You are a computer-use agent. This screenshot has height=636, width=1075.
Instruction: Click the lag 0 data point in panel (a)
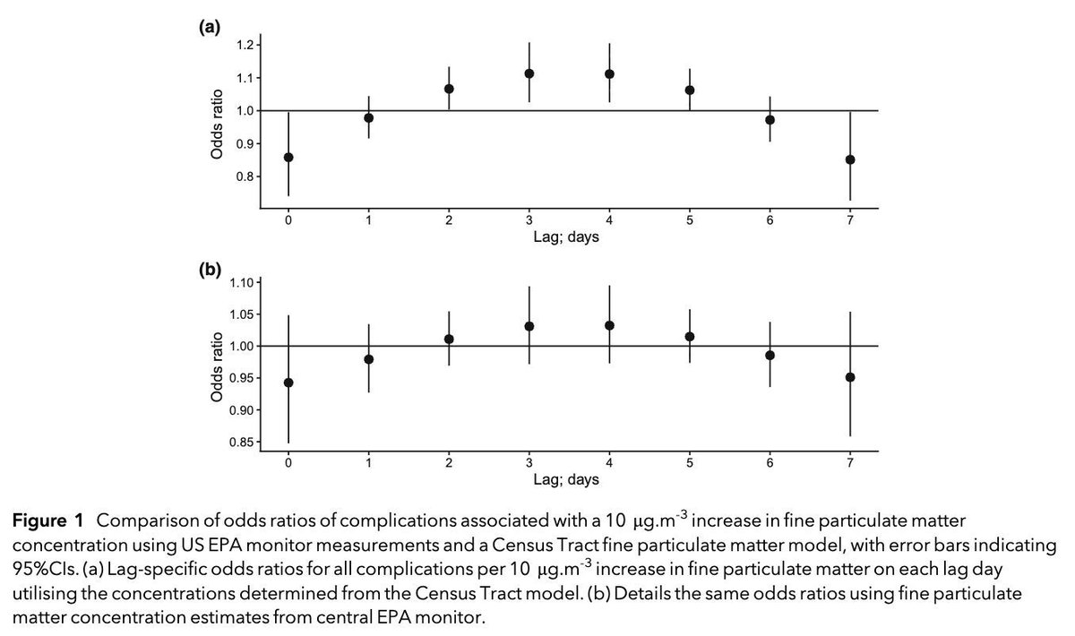[288, 157]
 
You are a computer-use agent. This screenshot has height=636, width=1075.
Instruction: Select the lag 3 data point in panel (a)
[529, 73]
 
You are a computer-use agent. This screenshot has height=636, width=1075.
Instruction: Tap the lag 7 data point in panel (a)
[850, 159]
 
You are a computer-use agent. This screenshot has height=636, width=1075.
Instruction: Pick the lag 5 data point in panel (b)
[690, 337]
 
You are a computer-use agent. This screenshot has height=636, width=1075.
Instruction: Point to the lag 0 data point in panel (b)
[288, 382]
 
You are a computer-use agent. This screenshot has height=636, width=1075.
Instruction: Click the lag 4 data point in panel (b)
[609, 325]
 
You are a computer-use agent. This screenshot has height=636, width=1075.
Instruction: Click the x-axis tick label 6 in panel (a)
[770, 220]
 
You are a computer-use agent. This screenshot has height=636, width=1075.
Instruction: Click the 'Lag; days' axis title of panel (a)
[569, 237]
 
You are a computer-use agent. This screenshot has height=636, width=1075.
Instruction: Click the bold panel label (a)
[208, 28]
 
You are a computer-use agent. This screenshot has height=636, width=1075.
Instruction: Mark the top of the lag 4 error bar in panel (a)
[609, 43]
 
